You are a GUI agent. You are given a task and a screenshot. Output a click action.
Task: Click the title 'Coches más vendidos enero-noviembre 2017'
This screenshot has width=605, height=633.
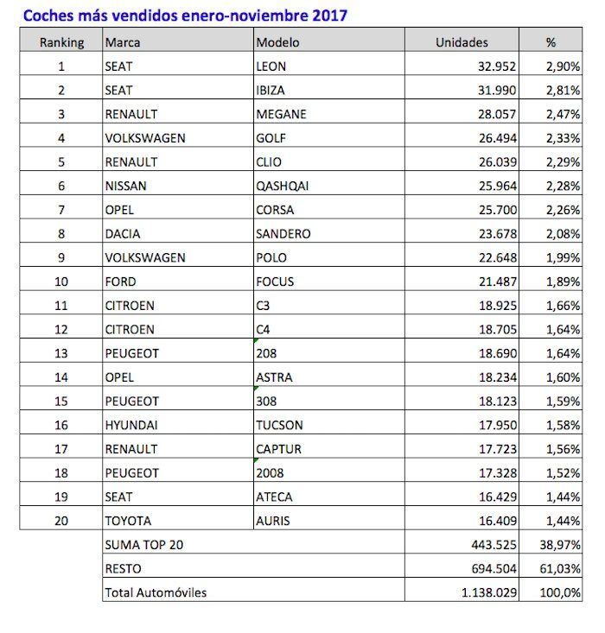click(186, 16)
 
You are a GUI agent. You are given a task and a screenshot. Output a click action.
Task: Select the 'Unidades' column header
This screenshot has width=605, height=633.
click(462, 42)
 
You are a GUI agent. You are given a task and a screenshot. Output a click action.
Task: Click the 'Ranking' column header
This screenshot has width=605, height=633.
click(61, 42)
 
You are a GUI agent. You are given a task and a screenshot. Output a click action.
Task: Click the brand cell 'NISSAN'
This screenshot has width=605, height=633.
click(125, 186)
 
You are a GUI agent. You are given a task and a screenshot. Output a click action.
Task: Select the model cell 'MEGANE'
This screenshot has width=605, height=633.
click(282, 114)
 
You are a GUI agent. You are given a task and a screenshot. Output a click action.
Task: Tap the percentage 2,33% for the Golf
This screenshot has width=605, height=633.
click(562, 138)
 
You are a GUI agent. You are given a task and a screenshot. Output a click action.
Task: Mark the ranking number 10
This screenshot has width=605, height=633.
click(61, 282)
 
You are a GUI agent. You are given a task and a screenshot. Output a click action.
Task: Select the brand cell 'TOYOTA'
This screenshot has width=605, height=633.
click(127, 521)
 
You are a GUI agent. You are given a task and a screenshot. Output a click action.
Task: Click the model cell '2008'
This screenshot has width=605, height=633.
click(270, 473)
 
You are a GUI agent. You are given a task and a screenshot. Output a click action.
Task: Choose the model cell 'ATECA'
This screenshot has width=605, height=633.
click(275, 497)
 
